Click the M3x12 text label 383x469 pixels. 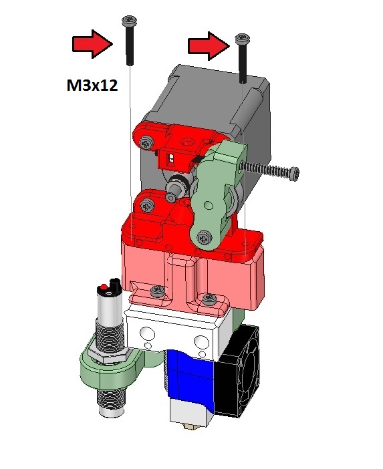[x=92, y=86]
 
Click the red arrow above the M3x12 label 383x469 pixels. [x=92, y=44]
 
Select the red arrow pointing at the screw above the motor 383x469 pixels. [x=209, y=45]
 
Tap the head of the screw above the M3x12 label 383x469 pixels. [x=129, y=21]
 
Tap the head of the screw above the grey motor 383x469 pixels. [x=243, y=37]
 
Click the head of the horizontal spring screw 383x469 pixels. [x=295, y=174]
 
